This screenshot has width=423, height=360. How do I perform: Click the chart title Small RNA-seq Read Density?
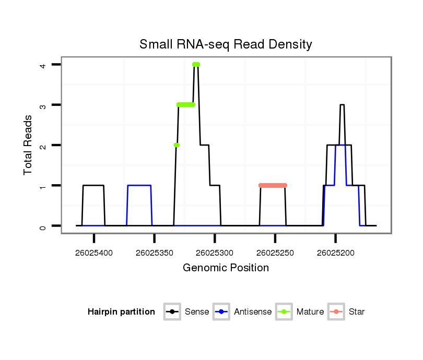226,44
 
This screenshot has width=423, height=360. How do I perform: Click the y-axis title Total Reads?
28,145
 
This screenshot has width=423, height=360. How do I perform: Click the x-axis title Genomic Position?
226,268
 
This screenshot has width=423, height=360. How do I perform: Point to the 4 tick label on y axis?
43,65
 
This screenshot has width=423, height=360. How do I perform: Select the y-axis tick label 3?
43,105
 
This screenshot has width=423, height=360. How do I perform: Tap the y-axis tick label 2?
43,145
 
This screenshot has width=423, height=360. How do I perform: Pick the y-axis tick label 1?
43,186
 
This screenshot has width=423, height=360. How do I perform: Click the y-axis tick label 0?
43,226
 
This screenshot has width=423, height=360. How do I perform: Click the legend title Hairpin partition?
121,312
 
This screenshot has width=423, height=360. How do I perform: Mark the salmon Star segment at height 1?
273,185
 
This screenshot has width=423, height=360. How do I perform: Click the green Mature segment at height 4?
196,65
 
